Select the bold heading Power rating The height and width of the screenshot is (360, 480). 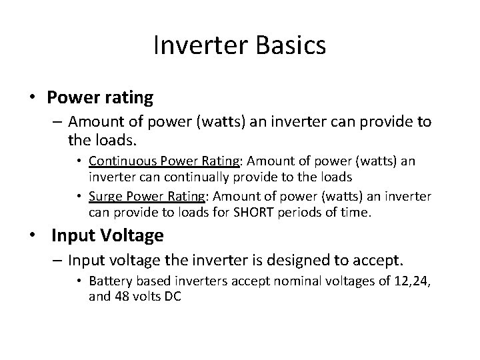[100, 97]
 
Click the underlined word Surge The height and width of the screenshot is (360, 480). [103, 197]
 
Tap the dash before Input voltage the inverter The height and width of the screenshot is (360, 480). [58, 259]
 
